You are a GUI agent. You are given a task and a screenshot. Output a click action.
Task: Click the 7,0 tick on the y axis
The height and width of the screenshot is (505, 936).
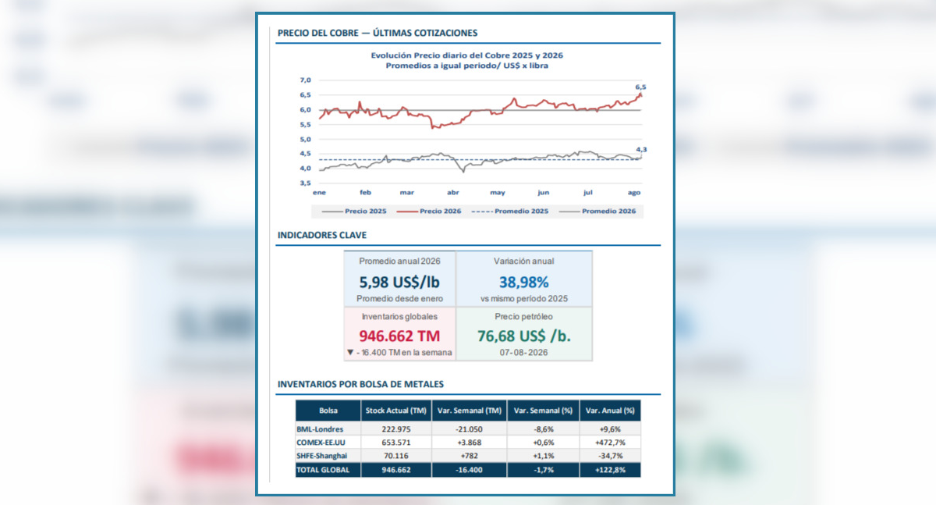(x=306, y=80)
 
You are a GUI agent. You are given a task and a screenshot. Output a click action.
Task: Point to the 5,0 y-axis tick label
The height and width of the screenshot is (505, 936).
(x=306, y=139)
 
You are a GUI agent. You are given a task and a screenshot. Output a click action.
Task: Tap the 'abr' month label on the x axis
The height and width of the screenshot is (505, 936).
(x=453, y=192)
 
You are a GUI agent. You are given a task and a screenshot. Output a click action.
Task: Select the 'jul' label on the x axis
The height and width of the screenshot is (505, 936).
(x=588, y=192)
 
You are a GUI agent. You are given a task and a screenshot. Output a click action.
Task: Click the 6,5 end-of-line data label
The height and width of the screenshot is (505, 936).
(x=640, y=87)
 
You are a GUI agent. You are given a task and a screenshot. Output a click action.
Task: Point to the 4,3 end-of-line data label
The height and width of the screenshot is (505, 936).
(x=641, y=149)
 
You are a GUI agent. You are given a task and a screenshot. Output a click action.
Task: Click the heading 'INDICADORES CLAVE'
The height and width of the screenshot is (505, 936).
(x=321, y=235)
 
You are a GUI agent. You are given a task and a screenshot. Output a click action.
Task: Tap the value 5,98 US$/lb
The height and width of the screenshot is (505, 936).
(x=399, y=283)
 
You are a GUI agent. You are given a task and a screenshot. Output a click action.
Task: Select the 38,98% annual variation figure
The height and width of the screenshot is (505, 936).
(x=523, y=283)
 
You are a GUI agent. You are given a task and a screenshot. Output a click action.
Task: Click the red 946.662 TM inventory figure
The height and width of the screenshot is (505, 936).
(x=399, y=336)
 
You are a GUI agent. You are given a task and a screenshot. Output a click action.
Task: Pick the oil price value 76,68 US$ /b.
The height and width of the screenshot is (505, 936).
(x=524, y=336)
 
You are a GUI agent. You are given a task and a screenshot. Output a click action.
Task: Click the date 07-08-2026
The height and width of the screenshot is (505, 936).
(x=523, y=353)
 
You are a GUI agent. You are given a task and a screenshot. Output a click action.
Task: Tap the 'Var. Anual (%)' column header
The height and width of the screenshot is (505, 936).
(x=610, y=411)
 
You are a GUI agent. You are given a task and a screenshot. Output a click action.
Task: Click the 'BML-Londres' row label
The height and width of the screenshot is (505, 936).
(x=320, y=429)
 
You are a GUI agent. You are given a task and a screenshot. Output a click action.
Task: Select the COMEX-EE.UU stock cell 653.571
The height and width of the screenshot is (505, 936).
(x=396, y=443)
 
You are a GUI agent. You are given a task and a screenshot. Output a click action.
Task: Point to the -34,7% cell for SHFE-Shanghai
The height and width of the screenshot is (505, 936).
(x=610, y=456)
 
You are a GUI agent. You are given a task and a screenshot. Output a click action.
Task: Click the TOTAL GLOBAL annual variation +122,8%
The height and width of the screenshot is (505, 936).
(x=610, y=470)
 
